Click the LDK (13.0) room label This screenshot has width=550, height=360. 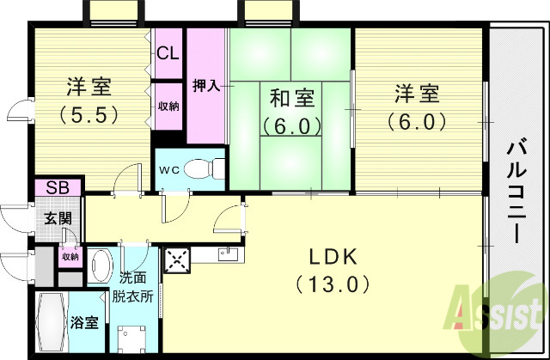pos(330,269)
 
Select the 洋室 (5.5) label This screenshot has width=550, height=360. pos(89,101)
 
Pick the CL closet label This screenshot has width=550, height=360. pos(168,52)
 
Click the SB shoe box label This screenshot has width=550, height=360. pos(58,187)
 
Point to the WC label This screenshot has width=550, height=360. pos(168,168)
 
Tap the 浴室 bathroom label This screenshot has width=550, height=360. pos(84,323)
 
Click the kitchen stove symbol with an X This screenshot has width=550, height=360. pos(177,259)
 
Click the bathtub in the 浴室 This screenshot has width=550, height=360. pos(50,321)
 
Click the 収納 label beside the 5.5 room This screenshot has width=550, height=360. pos(168,107)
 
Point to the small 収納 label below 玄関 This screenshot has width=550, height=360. pos(69,256)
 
